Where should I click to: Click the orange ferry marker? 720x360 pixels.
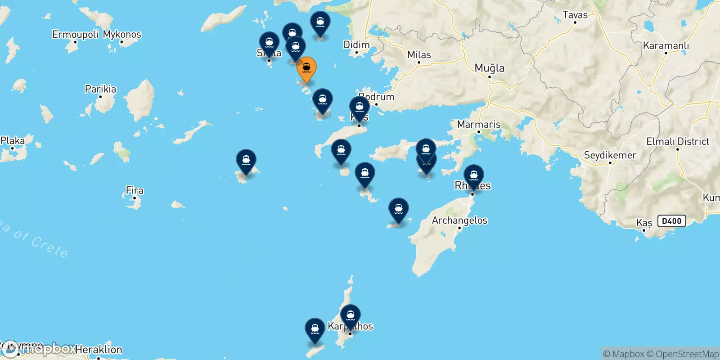pyautogui.click(x=306, y=69)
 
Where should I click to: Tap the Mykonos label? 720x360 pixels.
pyautogui.click(x=122, y=35)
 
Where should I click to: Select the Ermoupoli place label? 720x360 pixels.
pyautogui.click(x=75, y=35)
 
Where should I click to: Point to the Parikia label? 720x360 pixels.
pyautogui.click(x=100, y=89)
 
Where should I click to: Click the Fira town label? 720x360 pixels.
pyautogui.click(x=135, y=190)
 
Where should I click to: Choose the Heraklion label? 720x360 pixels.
pyautogui.click(x=99, y=350)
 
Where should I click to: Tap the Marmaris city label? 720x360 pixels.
pyautogui.click(x=479, y=124)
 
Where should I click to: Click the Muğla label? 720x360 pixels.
pyautogui.click(x=490, y=68)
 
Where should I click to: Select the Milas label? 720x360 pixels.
pyautogui.click(x=419, y=55)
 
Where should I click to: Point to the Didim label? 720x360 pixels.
pyautogui.click(x=356, y=45)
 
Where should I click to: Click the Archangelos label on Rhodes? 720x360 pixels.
pyautogui.click(x=459, y=220)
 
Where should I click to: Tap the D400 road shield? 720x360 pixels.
pyautogui.click(x=672, y=221)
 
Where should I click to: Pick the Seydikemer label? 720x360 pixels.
pyautogui.click(x=610, y=155)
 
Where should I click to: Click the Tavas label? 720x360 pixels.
pyautogui.click(x=575, y=15)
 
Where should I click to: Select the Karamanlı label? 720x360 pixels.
pyautogui.click(x=666, y=45)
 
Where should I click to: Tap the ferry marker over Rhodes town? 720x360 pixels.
pyautogui.click(x=474, y=176)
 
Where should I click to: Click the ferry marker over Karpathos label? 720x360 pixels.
pyautogui.click(x=350, y=315)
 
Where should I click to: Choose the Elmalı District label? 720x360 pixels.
pyautogui.click(x=677, y=141)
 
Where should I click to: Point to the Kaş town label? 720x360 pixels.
pyautogui.click(x=644, y=223)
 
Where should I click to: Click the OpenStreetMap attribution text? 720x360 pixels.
pyautogui.click(x=687, y=354)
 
